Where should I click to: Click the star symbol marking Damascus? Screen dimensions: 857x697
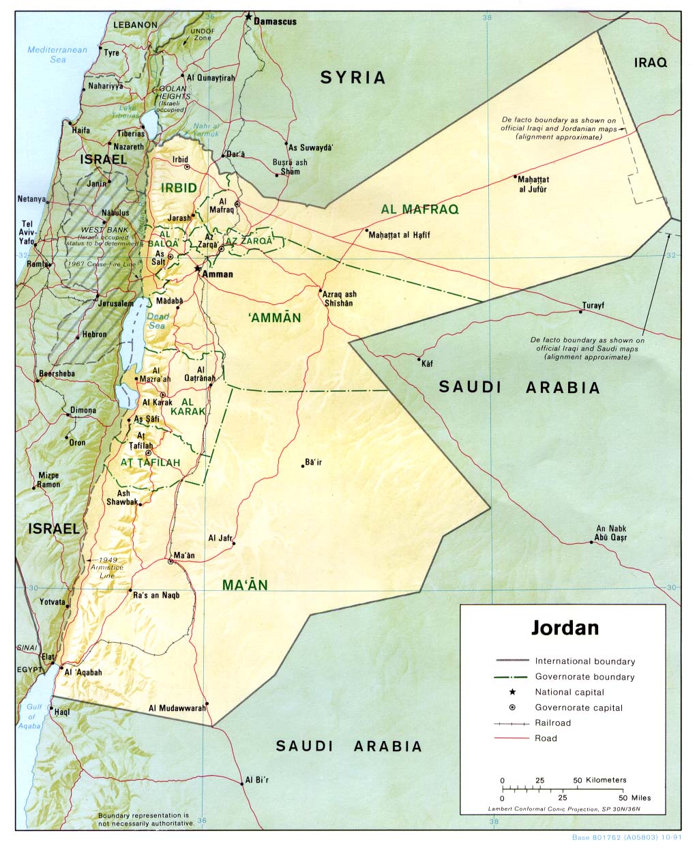click(x=250, y=16)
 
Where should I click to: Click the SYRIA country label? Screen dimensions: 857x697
click(x=353, y=78)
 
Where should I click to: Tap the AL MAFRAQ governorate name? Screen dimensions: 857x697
click(x=419, y=209)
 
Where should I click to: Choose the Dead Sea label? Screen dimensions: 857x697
click(x=158, y=321)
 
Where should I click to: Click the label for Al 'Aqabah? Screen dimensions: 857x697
click(x=83, y=672)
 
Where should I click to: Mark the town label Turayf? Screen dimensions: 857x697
click(x=593, y=306)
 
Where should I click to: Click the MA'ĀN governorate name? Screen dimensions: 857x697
click(x=245, y=585)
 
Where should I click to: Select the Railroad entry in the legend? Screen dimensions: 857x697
click(x=553, y=723)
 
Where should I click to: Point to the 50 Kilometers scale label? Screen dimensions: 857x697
click(x=599, y=780)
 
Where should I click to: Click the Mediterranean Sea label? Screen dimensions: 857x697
click(x=58, y=55)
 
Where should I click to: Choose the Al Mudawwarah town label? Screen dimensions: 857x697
click(x=177, y=708)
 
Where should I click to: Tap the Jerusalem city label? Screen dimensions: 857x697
click(x=116, y=303)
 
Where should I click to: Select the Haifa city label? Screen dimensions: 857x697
click(x=80, y=130)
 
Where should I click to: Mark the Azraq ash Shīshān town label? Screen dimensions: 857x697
click(x=340, y=299)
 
